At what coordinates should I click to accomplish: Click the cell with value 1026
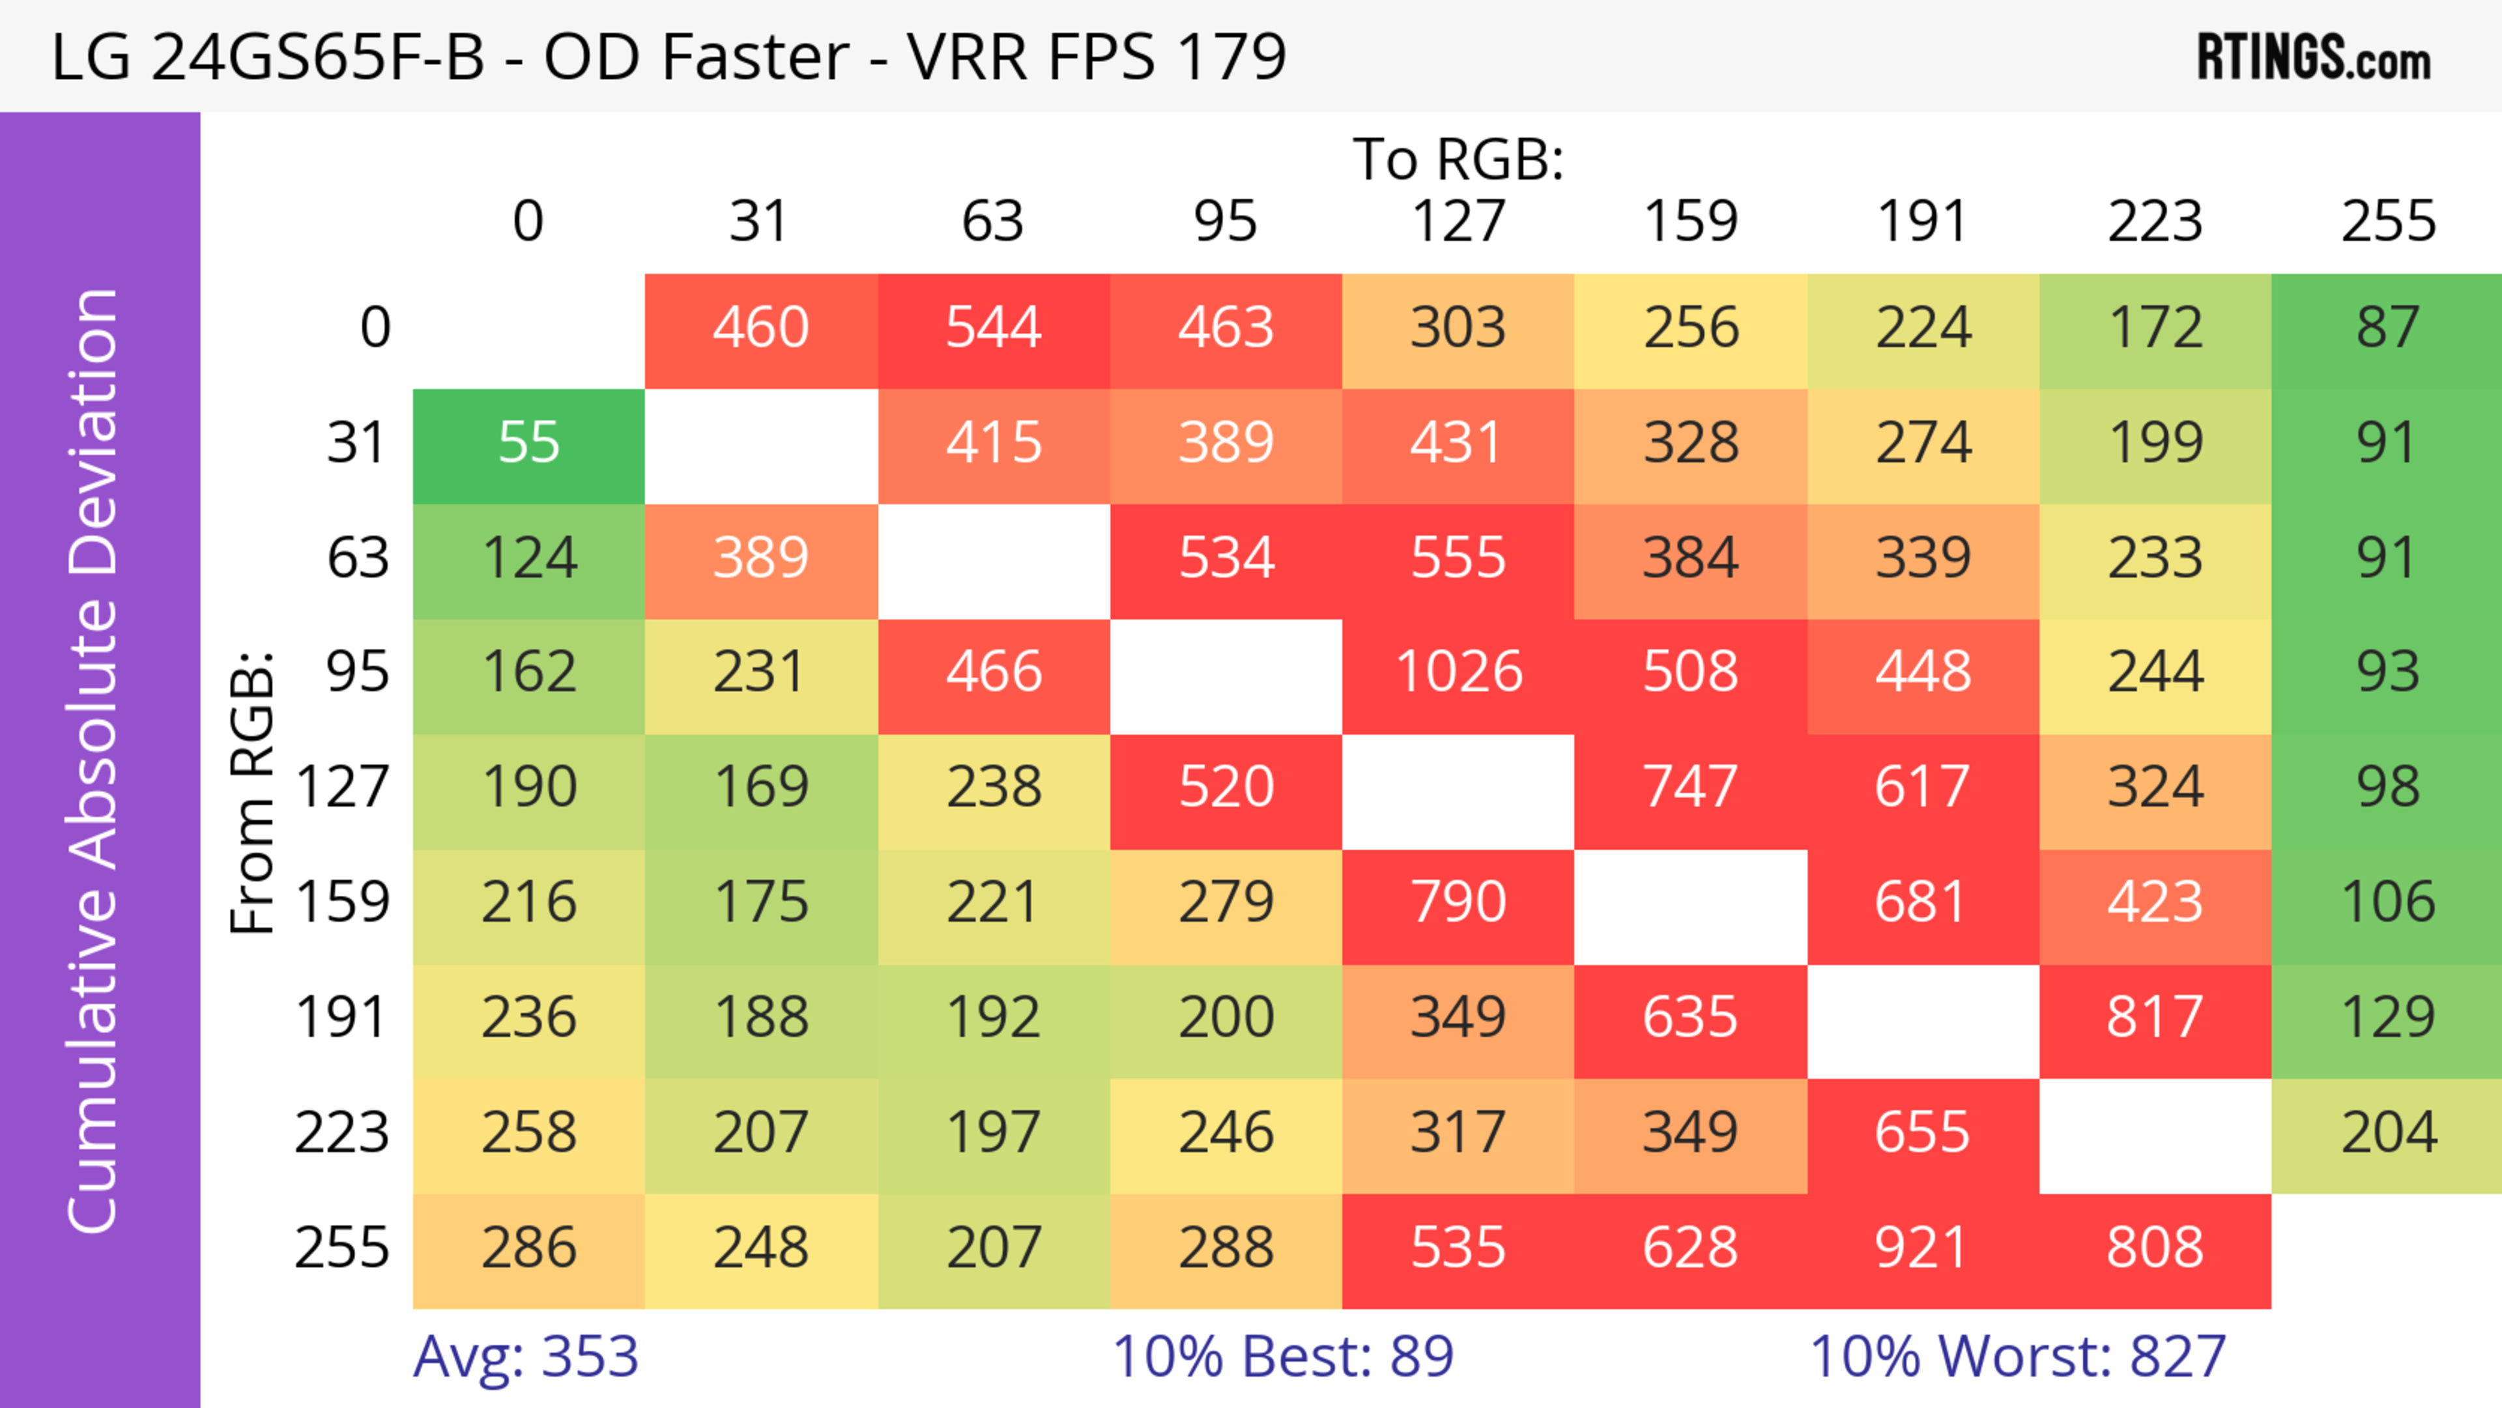[1458, 672]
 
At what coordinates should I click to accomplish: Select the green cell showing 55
[528, 443]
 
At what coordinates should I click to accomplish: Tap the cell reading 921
[1922, 1248]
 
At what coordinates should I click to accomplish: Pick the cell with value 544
[994, 327]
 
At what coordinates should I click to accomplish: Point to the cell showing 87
[2387, 327]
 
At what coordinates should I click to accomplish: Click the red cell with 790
[1458, 902]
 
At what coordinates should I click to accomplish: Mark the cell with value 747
[1690, 786]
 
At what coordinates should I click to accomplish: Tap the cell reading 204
[2387, 1132]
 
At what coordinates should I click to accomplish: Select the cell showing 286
[528, 1248]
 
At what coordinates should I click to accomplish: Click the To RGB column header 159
[1690, 222]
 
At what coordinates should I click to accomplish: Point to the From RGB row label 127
[342, 786]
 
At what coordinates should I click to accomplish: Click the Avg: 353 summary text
[525, 1357]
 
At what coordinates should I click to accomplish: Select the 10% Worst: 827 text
[2017, 1357]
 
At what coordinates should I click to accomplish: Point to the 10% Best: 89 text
[1282, 1357]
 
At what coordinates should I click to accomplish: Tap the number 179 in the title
[1231, 56]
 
